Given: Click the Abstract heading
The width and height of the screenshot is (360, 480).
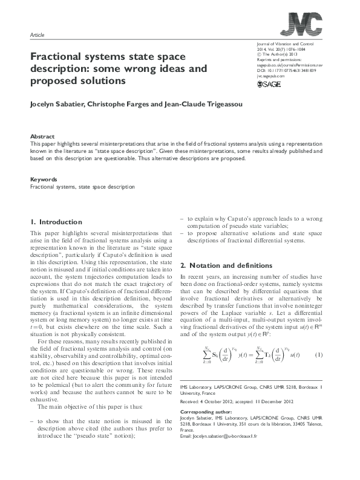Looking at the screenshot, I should pyautogui.click(x=42, y=137).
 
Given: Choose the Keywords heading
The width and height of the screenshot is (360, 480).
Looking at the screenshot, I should pyautogui.click(x=44, y=180).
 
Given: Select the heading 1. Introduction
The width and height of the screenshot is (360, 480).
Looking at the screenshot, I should pyautogui.click(x=56, y=222).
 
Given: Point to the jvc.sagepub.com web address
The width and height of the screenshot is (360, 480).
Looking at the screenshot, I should pyautogui.click(x=270, y=77).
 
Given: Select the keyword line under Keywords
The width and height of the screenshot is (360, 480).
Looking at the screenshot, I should pyautogui.click(x=82, y=187).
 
